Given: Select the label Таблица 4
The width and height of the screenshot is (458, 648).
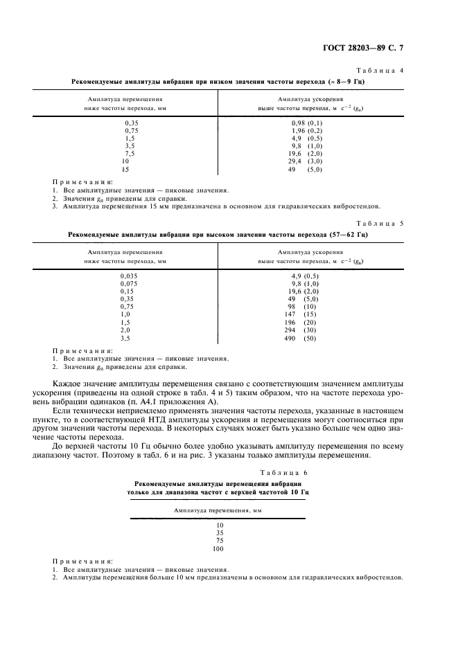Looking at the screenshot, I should [379, 71].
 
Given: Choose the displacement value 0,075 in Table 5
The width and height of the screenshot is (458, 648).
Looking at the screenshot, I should [129, 283].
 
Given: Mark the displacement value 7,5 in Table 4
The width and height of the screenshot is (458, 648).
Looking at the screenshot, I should [125, 153].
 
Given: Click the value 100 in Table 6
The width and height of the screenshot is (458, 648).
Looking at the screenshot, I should [218, 548].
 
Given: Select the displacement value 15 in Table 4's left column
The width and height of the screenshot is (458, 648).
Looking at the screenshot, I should [125, 169].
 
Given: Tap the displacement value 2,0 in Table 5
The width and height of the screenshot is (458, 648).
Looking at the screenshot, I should [125, 330].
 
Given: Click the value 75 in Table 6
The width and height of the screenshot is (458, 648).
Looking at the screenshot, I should [218, 541].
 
